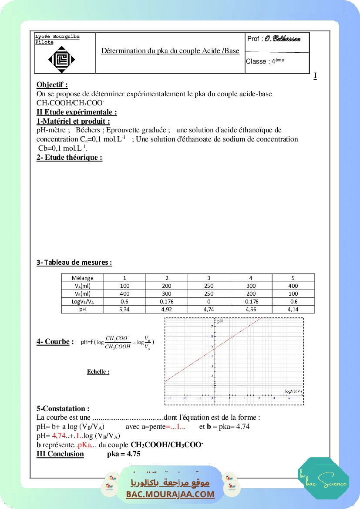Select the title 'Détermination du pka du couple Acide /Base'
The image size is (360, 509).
170,51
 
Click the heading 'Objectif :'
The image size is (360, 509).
52,84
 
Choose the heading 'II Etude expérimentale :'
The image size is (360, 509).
77,112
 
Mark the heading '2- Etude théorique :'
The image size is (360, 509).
69,157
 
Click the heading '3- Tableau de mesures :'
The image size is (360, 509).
74,262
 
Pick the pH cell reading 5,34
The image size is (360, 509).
124,310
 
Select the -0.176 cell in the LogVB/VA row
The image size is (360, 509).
251,302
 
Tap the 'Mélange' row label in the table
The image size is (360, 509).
83,278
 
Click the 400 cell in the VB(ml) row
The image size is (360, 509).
124,294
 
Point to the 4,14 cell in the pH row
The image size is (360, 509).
293,310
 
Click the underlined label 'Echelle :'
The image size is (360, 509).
98,372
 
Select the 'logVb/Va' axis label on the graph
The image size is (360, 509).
293,391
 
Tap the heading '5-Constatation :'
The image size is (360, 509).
63,408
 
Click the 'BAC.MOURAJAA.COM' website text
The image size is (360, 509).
170,494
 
